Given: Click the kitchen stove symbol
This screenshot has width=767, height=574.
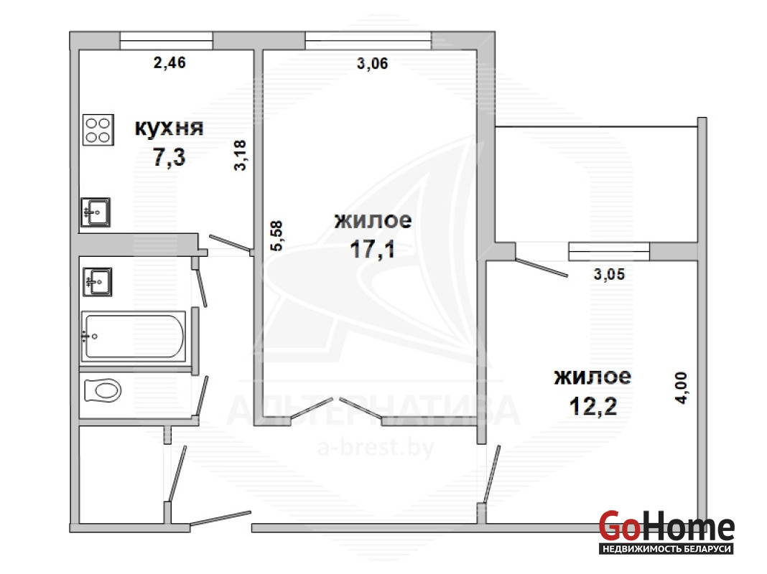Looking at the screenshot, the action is (98, 130).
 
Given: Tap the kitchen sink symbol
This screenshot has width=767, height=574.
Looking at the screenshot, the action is (96, 212).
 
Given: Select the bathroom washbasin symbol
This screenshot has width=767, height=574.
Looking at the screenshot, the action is (98, 282).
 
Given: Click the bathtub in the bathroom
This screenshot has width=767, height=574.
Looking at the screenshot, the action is (133, 337).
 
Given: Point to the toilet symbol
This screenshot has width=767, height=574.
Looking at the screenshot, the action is (103, 391).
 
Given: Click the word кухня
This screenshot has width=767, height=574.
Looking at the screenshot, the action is (169, 128).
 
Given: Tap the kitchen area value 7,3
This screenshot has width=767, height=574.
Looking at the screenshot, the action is (169, 157).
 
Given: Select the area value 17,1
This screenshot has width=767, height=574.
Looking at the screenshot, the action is (372, 249).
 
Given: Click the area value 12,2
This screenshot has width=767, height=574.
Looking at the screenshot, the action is (593, 406).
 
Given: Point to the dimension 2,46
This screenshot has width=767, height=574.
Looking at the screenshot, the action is (169, 62).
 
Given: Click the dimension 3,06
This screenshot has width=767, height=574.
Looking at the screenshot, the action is (372, 63).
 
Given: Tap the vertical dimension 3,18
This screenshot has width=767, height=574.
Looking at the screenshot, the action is (240, 156).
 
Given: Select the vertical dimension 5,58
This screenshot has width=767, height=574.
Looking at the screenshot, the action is (276, 236).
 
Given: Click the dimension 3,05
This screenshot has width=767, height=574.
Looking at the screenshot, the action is (610, 274).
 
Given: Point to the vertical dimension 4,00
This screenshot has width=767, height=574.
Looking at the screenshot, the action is (682, 388).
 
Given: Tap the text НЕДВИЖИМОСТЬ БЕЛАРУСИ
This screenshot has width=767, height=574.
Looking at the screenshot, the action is (667, 549).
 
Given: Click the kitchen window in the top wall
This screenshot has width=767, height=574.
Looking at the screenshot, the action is (167, 41).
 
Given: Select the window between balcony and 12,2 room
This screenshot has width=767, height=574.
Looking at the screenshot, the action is (609, 252).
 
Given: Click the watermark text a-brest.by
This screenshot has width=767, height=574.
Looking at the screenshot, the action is (376, 448).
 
